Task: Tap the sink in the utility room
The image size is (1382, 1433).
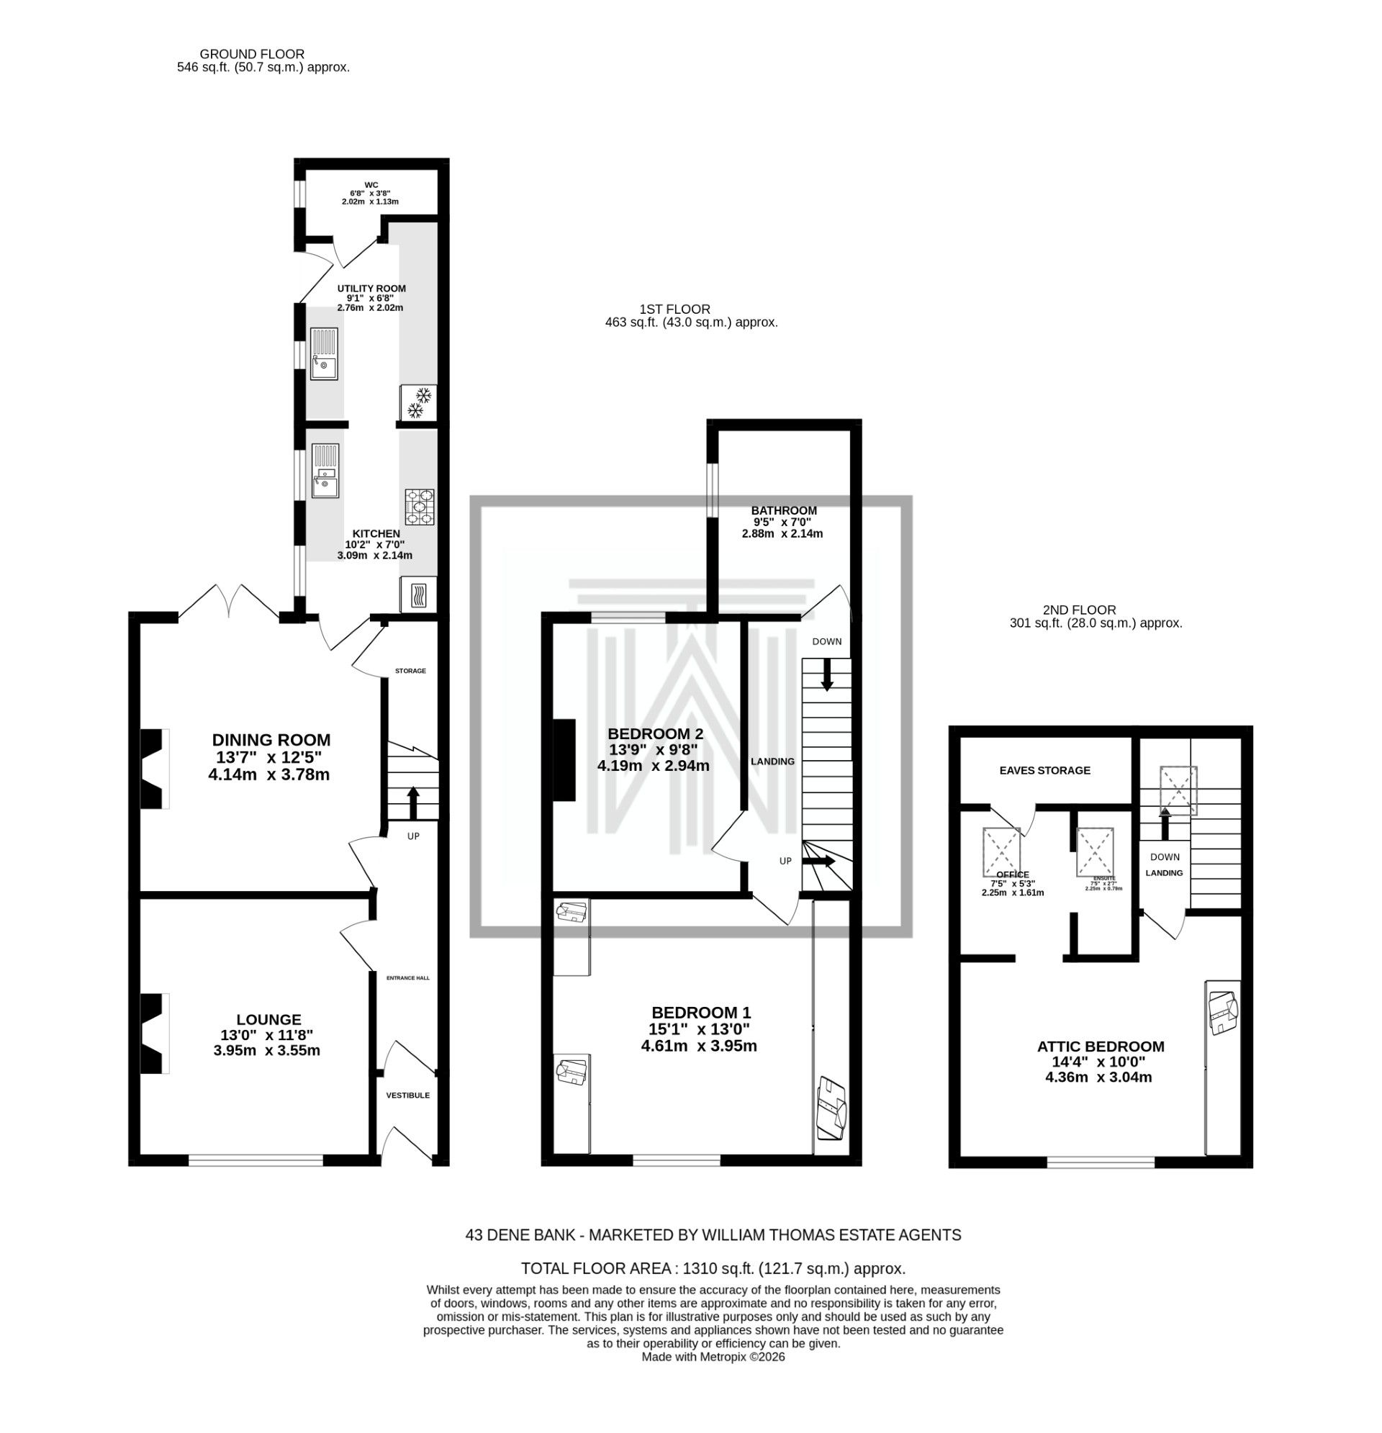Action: [x=323, y=354]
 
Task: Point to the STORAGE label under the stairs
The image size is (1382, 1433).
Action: [x=410, y=672]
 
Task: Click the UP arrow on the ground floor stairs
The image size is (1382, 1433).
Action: [x=412, y=803]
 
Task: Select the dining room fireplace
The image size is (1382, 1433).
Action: [x=153, y=769]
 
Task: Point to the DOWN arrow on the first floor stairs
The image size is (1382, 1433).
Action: [x=827, y=675]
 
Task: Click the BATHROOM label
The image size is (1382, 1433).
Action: [x=784, y=510]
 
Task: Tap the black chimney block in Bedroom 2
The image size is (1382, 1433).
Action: [x=564, y=761]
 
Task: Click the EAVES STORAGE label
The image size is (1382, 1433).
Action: [x=1045, y=771]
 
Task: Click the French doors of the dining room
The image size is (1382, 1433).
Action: [x=228, y=602]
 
